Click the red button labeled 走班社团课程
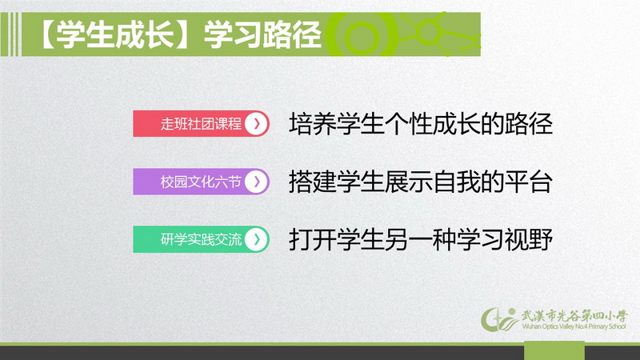tap(201, 124)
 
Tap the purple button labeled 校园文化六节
tap(201, 182)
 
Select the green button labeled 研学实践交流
tap(201, 239)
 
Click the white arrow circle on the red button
tap(256, 124)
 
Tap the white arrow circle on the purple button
tap(256, 182)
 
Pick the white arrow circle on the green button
tap(256, 239)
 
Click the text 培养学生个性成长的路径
tap(421, 124)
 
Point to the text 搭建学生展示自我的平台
tap(421, 182)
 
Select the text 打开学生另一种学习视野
tap(421, 239)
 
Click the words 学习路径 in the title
tap(262, 34)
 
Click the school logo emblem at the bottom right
tap(499, 319)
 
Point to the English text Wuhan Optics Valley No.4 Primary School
tap(574, 326)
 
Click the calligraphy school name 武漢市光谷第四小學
tap(574, 315)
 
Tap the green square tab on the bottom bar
tap(554, 350)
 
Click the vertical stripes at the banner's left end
tap(10, 34)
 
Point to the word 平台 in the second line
tap(529, 182)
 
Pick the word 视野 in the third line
tap(529, 239)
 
